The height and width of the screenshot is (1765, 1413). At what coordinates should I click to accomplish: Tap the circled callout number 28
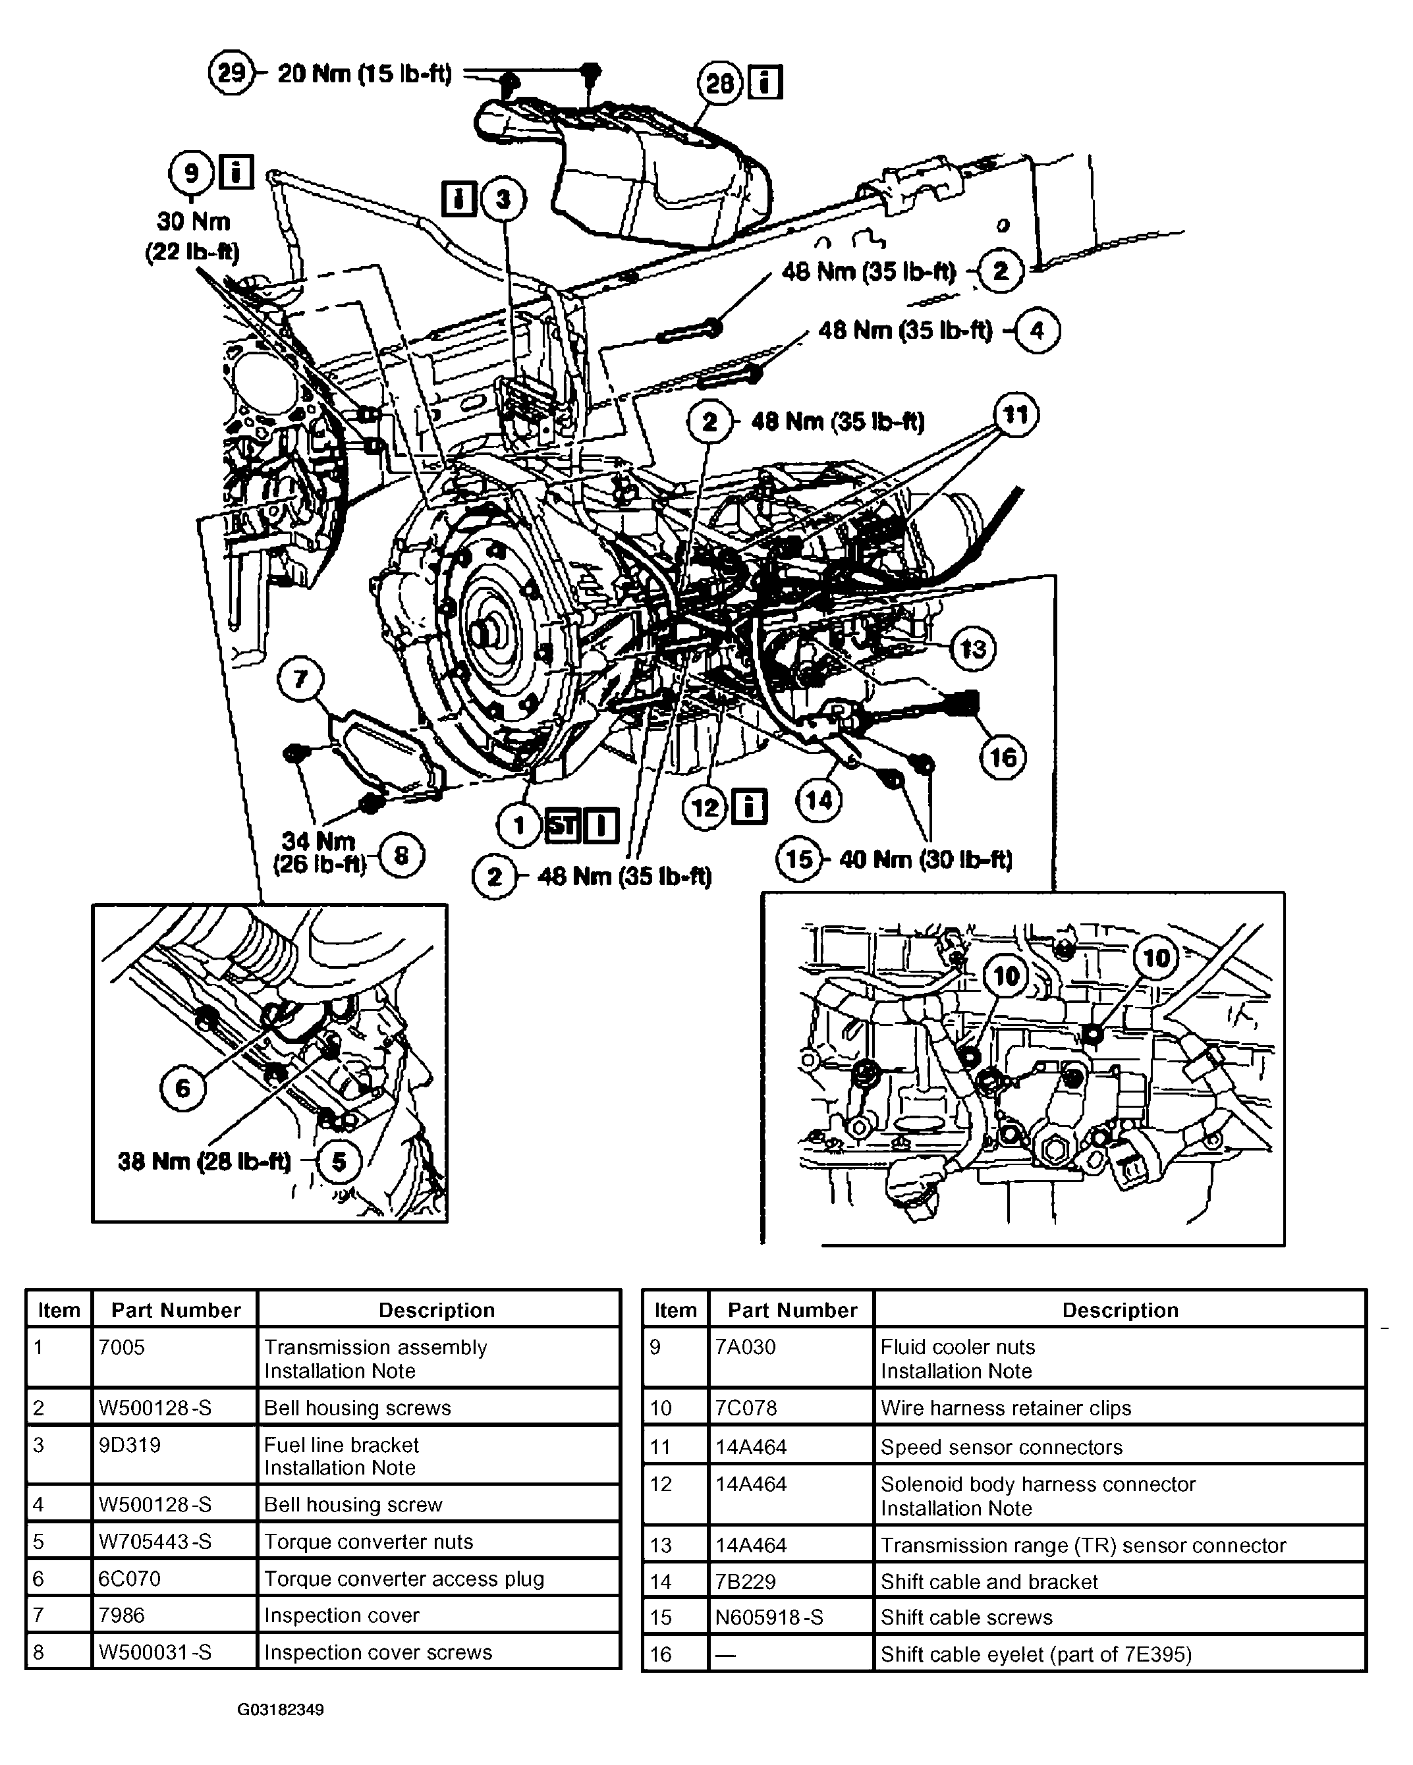pos(719,84)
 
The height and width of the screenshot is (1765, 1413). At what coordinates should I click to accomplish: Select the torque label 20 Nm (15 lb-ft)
pos(364,74)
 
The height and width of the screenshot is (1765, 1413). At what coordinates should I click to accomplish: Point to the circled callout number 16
pos(1003,757)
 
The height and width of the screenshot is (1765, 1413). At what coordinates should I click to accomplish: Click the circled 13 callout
pos(972,648)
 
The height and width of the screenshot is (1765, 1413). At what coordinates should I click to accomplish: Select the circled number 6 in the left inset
pos(183,1088)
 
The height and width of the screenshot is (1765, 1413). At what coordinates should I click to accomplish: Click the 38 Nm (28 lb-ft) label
pos(205,1162)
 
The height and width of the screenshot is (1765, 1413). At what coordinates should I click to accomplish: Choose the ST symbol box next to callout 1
pos(563,825)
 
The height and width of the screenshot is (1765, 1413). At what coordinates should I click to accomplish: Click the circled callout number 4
pos(1038,331)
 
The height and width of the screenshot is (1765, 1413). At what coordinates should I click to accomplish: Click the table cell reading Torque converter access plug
pos(404,1579)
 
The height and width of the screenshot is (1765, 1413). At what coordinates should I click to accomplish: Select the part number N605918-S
pos(769,1617)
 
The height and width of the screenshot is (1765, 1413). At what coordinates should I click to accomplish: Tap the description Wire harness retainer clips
pos(1005,1408)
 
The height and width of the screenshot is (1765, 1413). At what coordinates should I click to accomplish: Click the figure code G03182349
pos(281,1710)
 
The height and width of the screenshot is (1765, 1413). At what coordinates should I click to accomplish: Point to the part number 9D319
pos(129,1445)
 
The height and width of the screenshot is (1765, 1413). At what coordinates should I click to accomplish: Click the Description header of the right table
pos(1120,1310)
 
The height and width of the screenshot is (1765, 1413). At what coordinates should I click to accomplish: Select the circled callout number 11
pos(1015,415)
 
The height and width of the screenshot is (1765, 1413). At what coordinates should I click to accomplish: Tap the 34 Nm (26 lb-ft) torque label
pos(319,852)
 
